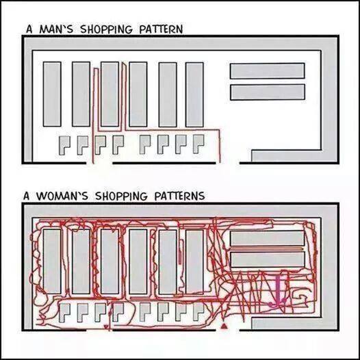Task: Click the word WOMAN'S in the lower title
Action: [x=62, y=196]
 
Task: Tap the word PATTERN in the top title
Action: [x=161, y=29]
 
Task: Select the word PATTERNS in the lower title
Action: [x=179, y=196]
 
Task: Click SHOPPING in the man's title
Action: [x=106, y=29]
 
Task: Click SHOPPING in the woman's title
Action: [x=121, y=196]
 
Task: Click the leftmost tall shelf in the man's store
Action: [x=52, y=94]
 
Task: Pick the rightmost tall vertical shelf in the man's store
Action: [x=194, y=94]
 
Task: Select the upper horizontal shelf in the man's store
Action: [x=268, y=71]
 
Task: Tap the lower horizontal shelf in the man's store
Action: [x=268, y=92]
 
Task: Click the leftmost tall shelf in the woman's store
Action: [x=52, y=261]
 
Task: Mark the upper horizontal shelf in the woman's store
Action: [x=268, y=238]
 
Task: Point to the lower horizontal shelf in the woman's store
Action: [x=268, y=259]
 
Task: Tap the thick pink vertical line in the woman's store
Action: [x=279, y=289]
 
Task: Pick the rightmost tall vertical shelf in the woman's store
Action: [x=194, y=261]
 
